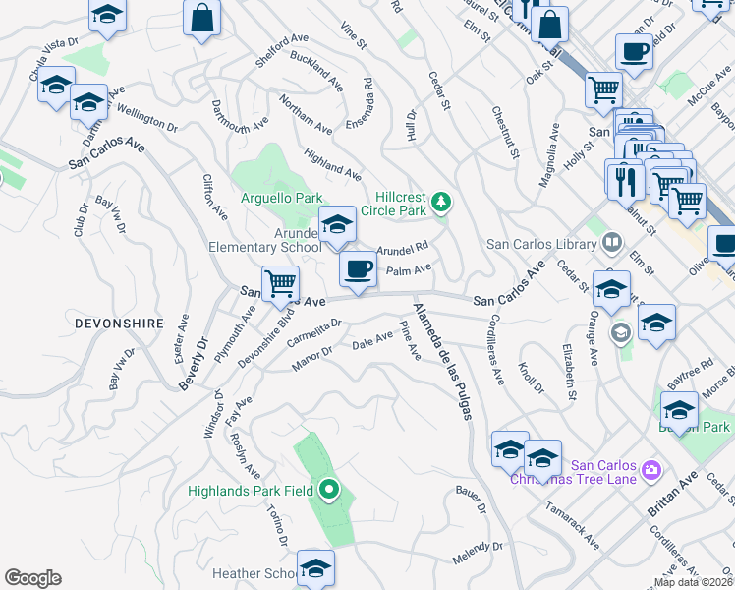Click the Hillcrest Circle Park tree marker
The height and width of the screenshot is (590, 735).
pos(442,203)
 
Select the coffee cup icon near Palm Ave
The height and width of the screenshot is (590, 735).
pos(358,267)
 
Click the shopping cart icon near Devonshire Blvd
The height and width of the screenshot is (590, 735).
pos(280,284)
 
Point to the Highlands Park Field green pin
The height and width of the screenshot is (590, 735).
pos(329,489)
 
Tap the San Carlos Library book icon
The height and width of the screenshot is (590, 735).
pos(611,242)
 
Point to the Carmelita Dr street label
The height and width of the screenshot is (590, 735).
pos(314,333)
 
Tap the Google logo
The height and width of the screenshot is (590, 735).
pos(32,578)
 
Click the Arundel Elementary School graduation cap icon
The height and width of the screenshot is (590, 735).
pos(337,225)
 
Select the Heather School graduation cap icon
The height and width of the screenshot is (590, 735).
pos(315,567)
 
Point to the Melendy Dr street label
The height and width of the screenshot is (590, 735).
pos(478,553)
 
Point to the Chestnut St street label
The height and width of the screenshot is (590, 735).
pos(505,132)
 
